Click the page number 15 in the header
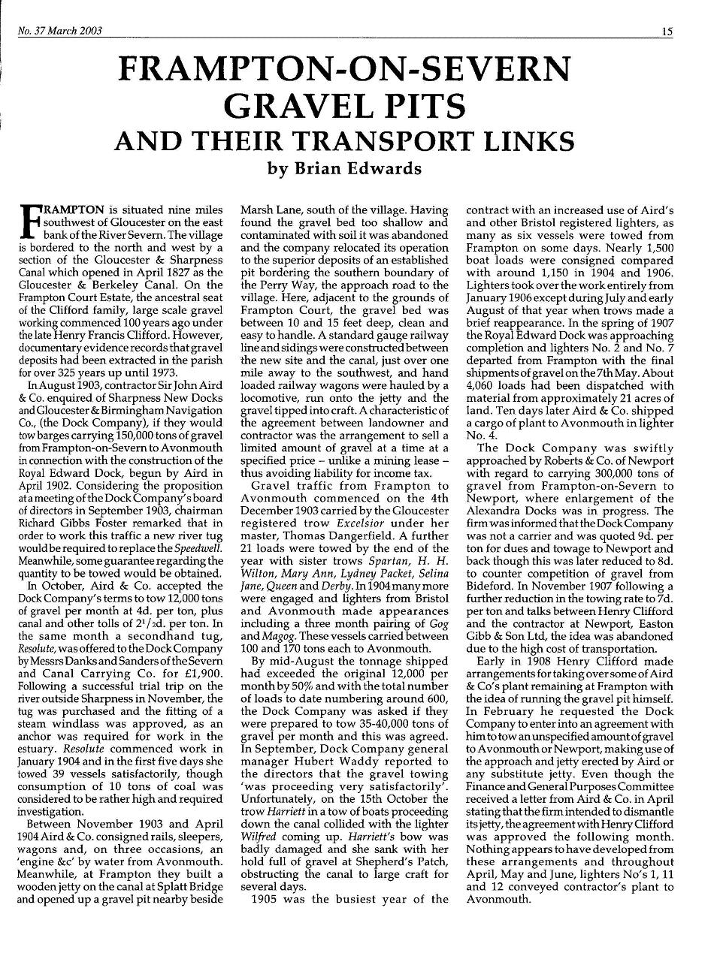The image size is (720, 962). (667, 31)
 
